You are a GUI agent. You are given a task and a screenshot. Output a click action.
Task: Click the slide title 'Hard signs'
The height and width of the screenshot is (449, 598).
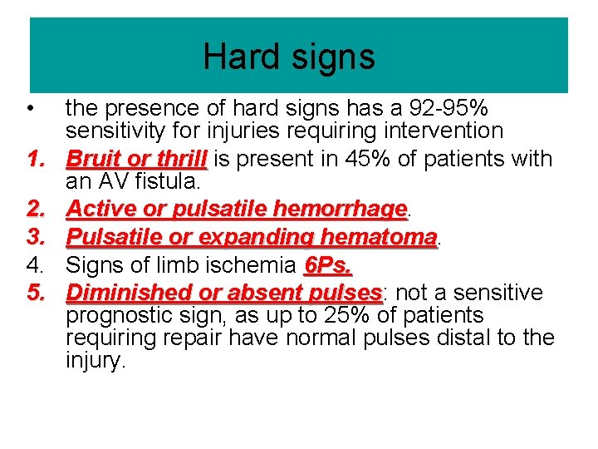click(289, 57)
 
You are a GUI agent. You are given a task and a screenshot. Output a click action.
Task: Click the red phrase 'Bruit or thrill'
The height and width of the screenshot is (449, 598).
click(136, 158)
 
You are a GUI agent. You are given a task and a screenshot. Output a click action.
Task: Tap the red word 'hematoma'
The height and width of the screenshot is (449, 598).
click(378, 237)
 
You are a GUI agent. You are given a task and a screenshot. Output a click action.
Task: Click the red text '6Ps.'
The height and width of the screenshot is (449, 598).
click(329, 265)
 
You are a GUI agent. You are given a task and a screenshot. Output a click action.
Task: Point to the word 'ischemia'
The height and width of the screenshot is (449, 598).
click(255, 265)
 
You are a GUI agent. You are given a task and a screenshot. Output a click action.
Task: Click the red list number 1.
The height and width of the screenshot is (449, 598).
click(34, 158)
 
